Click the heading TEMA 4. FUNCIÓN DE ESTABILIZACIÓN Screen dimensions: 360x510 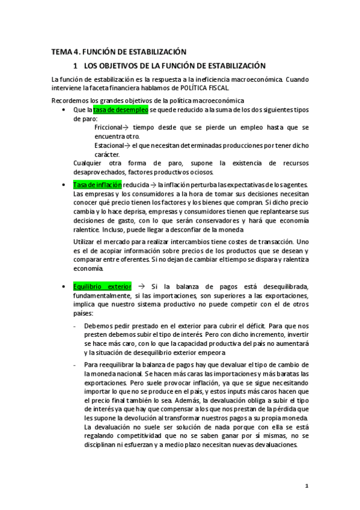coord(118,52)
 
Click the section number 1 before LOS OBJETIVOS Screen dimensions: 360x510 coord(75,65)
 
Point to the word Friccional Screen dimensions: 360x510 coord(108,127)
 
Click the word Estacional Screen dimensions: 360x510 coord(109,145)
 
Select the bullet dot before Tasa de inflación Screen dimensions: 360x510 coord(64,185)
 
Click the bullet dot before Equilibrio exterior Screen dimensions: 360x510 coord(64,287)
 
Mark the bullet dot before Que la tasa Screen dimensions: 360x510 coord(64,111)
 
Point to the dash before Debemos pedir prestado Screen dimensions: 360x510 coord(74,325)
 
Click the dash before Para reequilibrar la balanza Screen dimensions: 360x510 coord(74,364)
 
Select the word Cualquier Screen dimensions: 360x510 coord(88,163)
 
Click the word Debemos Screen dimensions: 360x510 coord(98,325)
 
